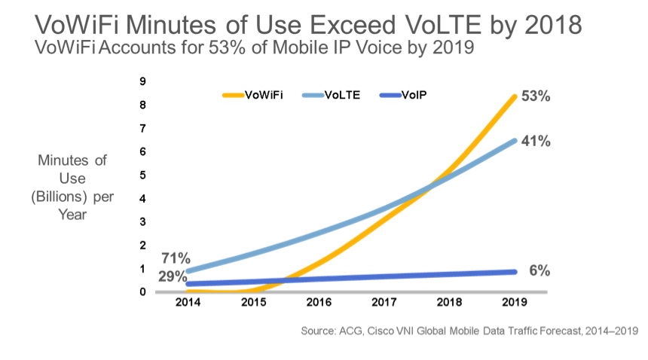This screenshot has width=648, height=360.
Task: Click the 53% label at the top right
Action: click(x=536, y=97)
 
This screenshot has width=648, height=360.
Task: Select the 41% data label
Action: click(x=536, y=141)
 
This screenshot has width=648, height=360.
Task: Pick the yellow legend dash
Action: click(x=233, y=95)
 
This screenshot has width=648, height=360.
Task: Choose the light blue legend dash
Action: click(x=312, y=95)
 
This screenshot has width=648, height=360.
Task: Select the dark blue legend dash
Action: click(x=390, y=95)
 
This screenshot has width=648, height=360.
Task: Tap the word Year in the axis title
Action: click(x=73, y=214)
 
